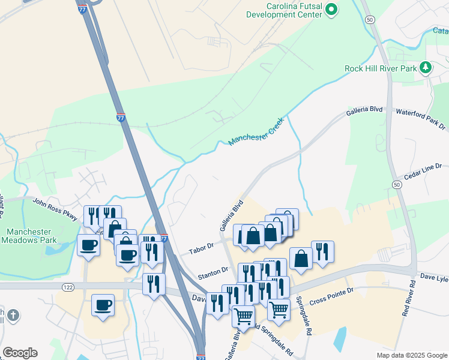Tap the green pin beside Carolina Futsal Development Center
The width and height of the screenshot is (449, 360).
click(331, 9)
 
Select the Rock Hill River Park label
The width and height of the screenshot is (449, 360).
click(381, 68)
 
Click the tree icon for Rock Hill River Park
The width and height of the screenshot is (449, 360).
click(426, 67)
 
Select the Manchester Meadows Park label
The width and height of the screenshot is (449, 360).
click(31, 236)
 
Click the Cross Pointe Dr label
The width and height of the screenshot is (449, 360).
click(333, 294)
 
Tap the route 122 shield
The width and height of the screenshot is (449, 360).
click(67, 288)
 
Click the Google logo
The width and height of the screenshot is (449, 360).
click(20, 353)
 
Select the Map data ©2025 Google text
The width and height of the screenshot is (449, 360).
click(412, 355)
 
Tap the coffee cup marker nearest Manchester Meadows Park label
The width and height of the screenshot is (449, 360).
click(89, 245)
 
